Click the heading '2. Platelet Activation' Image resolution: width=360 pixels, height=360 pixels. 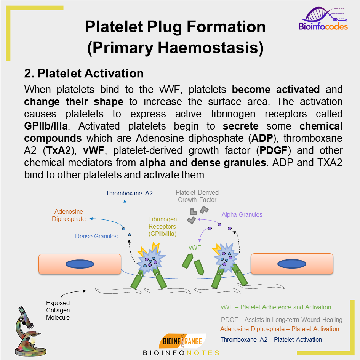[x=84, y=73]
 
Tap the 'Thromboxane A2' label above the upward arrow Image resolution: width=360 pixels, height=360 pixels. [x=129, y=193]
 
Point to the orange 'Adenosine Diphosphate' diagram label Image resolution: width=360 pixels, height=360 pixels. [x=69, y=215]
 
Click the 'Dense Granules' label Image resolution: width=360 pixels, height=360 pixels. [x=96, y=236]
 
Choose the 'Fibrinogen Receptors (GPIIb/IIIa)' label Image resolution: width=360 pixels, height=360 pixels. [x=163, y=227]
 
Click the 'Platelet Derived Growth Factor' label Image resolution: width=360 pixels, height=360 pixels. [x=197, y=196]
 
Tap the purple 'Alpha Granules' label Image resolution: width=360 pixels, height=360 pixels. [x=242, y=214]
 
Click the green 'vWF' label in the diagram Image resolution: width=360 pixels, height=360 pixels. [x=195, y=247]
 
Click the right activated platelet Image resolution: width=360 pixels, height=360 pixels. [x=227, y=257]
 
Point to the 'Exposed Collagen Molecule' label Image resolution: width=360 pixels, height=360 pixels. [x=58, y=310]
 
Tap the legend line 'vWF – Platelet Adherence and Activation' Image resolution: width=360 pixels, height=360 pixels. [x=276, y=307]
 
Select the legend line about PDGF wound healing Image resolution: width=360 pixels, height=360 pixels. [x=282, y=320]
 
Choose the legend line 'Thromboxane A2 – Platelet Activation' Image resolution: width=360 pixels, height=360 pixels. [x=271, y=339]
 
